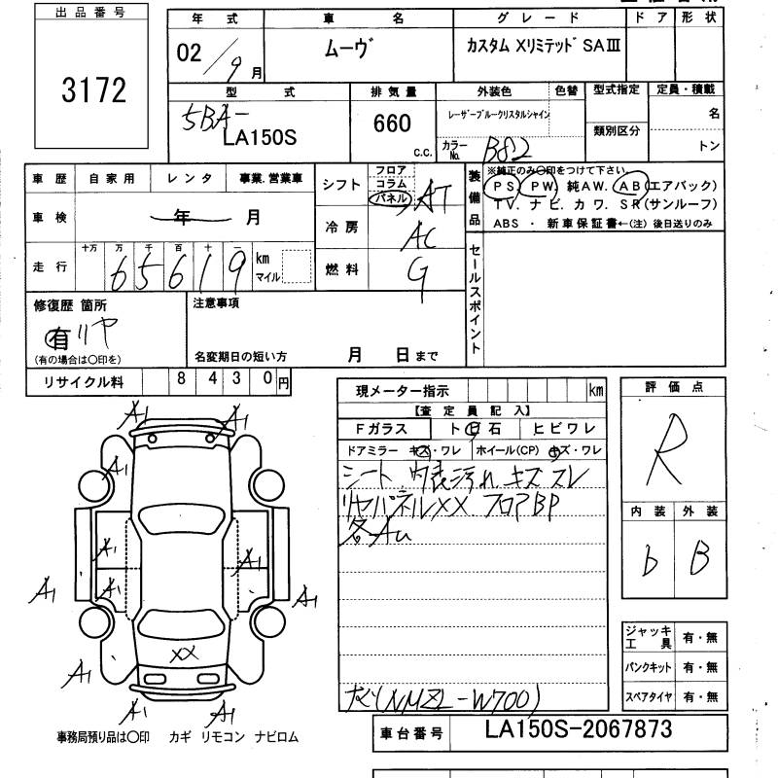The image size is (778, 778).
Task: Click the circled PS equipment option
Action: tap(503, 185)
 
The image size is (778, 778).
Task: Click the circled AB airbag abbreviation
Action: tap(632, 185)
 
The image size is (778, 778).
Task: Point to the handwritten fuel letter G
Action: tap(420, 272)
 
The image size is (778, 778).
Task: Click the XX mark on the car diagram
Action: tap(184, 654)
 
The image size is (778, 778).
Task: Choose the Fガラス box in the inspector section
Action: tap(384, 429)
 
